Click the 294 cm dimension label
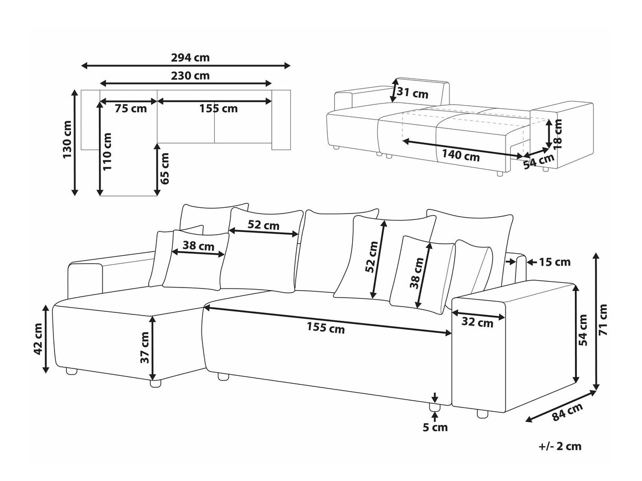(186, 57)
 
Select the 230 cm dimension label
(186, 75)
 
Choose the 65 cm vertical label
(166, 168)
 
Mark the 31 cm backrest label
(412, 94)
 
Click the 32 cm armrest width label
(478, 323)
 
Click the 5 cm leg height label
(435, 427)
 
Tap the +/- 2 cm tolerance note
(560, 446)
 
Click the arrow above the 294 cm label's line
(186, 66)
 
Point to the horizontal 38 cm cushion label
(198, 245)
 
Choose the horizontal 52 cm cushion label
(263, 225)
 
